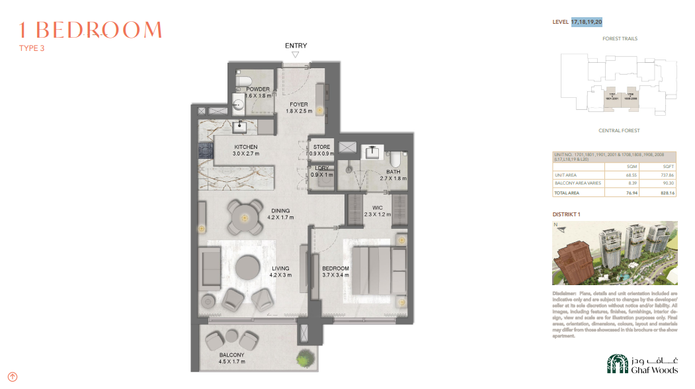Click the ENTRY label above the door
[296, 46]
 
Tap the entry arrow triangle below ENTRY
[296, 56]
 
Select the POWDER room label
[257, 89]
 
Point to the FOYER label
[298, 105]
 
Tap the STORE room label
[321, 147]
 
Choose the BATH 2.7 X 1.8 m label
[393, 175]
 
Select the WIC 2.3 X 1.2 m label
[378, 210]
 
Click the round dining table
[244, 217]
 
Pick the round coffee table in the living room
[248, 267]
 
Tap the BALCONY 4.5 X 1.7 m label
[231, 359]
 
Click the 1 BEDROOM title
[91, 30]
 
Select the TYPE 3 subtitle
[32, 48]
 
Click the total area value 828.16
[667, 193]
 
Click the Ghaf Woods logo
[643, 364]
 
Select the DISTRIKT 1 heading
[567, 214]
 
